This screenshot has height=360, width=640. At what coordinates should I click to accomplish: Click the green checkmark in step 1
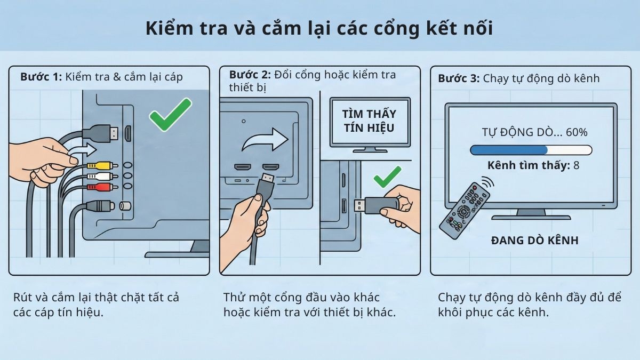pyautogui.click(x=170, y=114)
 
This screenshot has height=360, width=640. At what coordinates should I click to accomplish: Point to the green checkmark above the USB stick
pyautogui.click(x=387, y=177)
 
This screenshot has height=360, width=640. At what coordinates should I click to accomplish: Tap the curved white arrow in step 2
pyautogui.click(x=265, y=140)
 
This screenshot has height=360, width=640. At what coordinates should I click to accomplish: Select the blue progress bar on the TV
pyautogui.click(x=509, y=150)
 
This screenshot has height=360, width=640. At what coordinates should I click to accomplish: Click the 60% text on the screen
pyautogui.click(x=576, y=132)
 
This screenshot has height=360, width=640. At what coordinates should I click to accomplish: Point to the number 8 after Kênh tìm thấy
pyautogui.click(x=576, y=165)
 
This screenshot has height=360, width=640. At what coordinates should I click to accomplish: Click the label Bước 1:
pyautogui.click(x=41, y=76)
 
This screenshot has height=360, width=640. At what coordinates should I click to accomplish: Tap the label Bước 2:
pyautogui.click(x=250, y=74)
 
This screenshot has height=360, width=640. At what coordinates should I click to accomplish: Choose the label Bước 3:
pyautogui.click(x=459, y=78)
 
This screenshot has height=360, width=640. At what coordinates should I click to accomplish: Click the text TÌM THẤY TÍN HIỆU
pyautogui.click(x=369, y=121)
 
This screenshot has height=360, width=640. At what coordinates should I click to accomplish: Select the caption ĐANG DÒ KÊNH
pyautogui.click(x=534, y=241)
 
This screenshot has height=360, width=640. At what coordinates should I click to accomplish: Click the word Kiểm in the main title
pyautogui.click(x=171, y=29)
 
